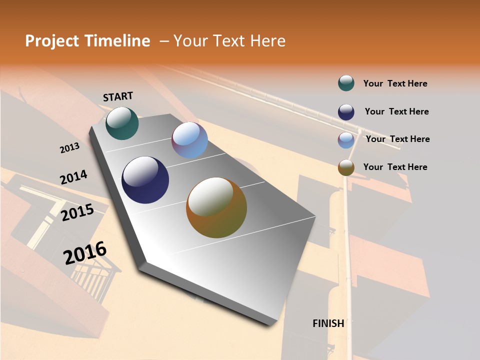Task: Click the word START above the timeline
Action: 118,96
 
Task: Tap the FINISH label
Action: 328,323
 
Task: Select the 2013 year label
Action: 69,148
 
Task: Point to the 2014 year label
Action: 73,177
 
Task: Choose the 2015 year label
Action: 77,212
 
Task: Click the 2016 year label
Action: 85,252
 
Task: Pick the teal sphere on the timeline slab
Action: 122,123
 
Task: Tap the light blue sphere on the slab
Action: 189,140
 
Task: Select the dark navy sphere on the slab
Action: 145,180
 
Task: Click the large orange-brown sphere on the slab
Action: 216,207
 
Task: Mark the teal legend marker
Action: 346,83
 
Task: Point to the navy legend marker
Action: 346,112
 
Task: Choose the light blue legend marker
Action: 346,140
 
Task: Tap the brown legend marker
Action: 346,167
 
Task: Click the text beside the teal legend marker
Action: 395,84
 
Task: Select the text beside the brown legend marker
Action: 395,167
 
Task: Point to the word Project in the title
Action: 51,41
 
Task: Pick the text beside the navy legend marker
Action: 396,111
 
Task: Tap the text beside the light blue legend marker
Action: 397,139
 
